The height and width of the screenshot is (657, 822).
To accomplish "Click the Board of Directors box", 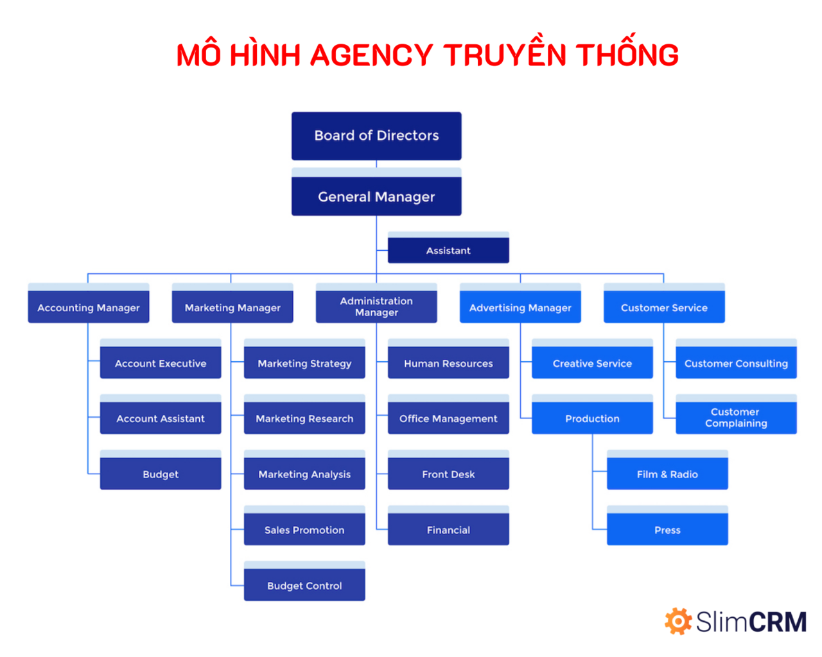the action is (x=376, y=136).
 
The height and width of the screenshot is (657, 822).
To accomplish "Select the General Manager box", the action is (x=376, y=192).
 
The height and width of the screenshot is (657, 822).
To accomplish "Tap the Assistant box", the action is (x=448, y=248).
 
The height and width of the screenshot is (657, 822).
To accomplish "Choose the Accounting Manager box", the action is (x=89, y=303).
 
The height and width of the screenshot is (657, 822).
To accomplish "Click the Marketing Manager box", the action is (x=232, y=303).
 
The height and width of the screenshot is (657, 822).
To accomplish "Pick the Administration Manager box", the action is (x=376, y=303).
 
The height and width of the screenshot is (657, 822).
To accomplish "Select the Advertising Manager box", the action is (x=520, y=303).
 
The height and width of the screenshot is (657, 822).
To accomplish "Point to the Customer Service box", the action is (x=664, y=303).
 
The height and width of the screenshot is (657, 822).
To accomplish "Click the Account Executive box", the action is (x=161, y=359).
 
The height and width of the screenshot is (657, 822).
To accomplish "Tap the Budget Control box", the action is (x=304, y=581).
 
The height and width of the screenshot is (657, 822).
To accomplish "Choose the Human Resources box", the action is (x=448, y=359).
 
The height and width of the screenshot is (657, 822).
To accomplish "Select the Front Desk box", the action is (x=448, y=470).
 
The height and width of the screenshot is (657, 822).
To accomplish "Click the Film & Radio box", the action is (x=667, y=470).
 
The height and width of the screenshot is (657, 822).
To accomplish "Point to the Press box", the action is (x=667, y=525).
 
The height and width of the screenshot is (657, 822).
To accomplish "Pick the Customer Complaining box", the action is (x=736, y=414).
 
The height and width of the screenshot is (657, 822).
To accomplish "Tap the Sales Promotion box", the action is (x=304, y=525).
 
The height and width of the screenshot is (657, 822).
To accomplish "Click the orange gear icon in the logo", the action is (x=678, y=621).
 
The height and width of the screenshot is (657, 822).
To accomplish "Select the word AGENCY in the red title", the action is (x=371, y=55).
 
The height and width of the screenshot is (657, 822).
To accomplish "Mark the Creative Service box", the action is (x=592, y=359).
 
